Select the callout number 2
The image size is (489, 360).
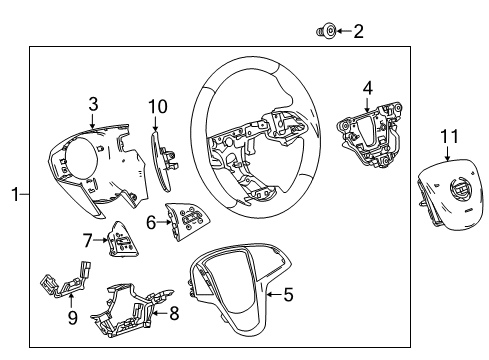coord(358,32)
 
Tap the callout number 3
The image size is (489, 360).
coord(92,102)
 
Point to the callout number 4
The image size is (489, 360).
coord(367,88)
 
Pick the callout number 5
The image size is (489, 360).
coord(288,294)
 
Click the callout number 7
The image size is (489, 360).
coord(87,240)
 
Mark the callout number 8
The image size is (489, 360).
coord(175,314)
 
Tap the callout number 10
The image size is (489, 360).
coord(157,107)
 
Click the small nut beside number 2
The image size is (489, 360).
coord(325,32)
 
